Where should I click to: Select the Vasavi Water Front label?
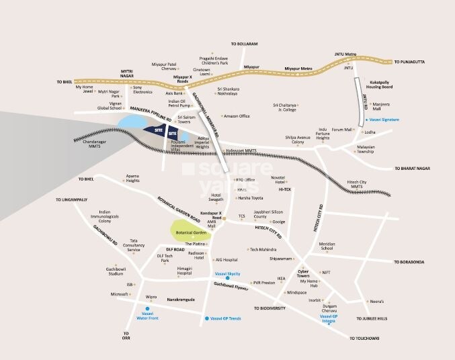[x=147, y=316]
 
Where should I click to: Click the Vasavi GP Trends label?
[x=225, y=318]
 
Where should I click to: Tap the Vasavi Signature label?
[x=383, y=120]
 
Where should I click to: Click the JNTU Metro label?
[x=344, y=54]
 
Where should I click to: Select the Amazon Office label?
[x=236, y=116]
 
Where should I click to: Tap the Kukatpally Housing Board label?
[x=385, y=85]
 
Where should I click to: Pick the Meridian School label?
[x=327, y=246]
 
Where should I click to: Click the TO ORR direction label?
[x=125, y=336]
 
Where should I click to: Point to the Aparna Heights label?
[x=132, y=179]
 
